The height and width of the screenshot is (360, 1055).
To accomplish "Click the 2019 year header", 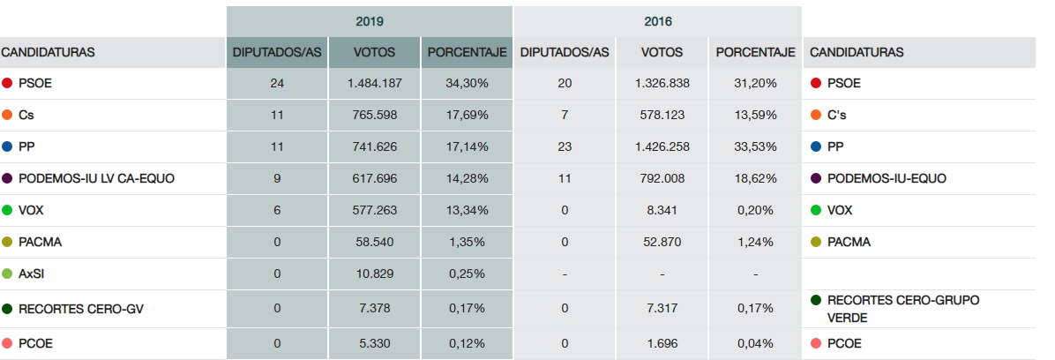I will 369,19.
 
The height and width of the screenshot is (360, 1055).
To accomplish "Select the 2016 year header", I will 657,19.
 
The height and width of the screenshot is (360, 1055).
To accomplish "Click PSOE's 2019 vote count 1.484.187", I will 374,83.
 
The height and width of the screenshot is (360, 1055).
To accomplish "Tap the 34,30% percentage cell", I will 467,83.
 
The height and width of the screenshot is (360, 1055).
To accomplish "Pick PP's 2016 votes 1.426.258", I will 662,146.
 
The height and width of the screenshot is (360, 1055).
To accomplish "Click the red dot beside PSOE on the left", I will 7,83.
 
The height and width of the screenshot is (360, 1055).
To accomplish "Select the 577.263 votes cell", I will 374,210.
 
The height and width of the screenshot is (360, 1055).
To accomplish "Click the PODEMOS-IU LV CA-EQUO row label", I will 96,178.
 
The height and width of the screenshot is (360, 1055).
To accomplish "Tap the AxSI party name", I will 32,274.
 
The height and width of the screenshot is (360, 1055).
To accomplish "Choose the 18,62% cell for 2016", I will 755,178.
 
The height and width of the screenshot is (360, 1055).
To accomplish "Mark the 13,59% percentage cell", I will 755,115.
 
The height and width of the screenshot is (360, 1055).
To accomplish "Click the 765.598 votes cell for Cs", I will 374,115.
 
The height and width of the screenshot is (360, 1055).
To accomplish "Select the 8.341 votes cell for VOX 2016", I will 662,210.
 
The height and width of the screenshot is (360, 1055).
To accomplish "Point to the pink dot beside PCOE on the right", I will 816,343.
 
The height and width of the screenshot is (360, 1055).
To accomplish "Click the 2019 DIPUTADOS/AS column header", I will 277,52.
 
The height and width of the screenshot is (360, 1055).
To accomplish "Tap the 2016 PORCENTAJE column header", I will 755,52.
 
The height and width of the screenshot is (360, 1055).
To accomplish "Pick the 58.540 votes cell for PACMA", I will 374,242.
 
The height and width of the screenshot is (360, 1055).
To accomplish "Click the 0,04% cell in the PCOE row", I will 755,343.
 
